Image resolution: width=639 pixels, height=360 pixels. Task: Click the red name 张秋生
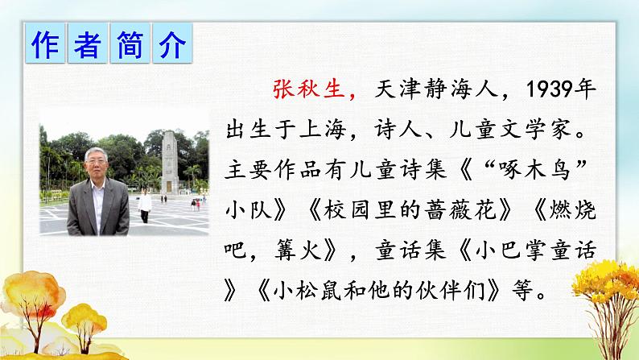coord(309,89)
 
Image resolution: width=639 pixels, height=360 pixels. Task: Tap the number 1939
coord(548,89)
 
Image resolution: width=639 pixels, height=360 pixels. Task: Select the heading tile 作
coord(45,43)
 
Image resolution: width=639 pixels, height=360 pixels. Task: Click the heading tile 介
coord(172,43)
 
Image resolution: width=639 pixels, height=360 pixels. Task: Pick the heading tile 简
coord(130,43)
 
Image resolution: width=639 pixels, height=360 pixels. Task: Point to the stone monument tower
coord(170,162)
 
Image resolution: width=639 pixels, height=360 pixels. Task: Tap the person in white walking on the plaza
coord(144,205)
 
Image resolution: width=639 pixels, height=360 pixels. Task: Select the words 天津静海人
coord(435,89)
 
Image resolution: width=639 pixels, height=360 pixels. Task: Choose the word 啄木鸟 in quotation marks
coord(535,170)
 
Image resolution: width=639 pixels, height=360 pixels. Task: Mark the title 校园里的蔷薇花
coord(410,210)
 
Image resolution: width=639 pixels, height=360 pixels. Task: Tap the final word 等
coord(522,291)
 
